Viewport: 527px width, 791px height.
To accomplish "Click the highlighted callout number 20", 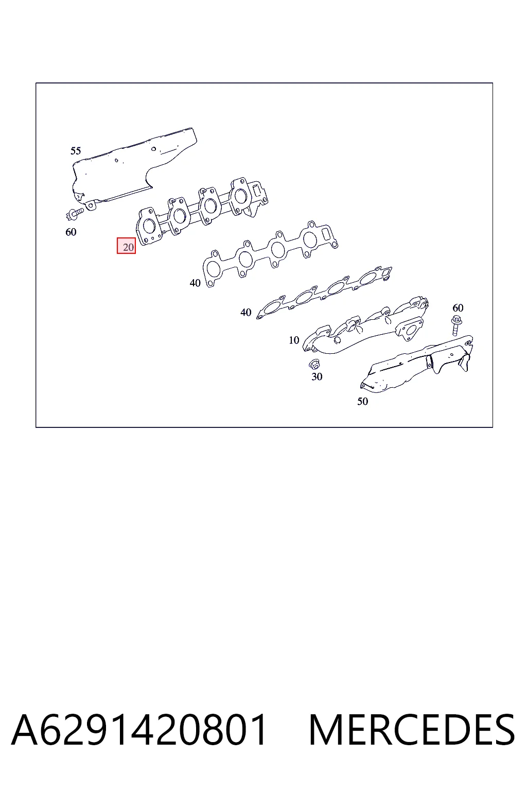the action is pyautogui.click(x=127, y=246).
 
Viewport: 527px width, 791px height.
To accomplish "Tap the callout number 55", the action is pyautogui.click(x=76, y=151).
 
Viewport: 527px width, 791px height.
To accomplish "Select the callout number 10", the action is pyautogui.click(x=294, y=340).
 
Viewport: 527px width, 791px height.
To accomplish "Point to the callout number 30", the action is pyautogui.click(x=317, y=376).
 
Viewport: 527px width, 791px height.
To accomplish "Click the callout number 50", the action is pyautogui.click(x=362, y=401).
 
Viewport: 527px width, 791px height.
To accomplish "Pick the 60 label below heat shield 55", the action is pyautogui.click(x=71, y=232).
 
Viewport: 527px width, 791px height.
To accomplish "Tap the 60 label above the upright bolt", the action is pyautogui.click(x=458, y=308).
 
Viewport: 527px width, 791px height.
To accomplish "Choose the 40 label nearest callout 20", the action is pyautogui.click(x=195, y=283).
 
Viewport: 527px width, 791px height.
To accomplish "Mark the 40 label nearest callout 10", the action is pyautogui.click(x=245, y=312).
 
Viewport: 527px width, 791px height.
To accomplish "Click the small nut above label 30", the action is pyautogui.click(x=314, y=364).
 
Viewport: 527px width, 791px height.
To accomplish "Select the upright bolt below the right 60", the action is pyautogui.click(x=456, y=325).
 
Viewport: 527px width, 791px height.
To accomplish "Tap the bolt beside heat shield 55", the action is pyautogui.click(x=75, y=213).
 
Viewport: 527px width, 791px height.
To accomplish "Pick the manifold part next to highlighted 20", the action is pyautogui.click(x=201, y=210).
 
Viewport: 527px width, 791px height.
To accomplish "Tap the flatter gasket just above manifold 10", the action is pyautogui.click(x=324, y=293).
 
